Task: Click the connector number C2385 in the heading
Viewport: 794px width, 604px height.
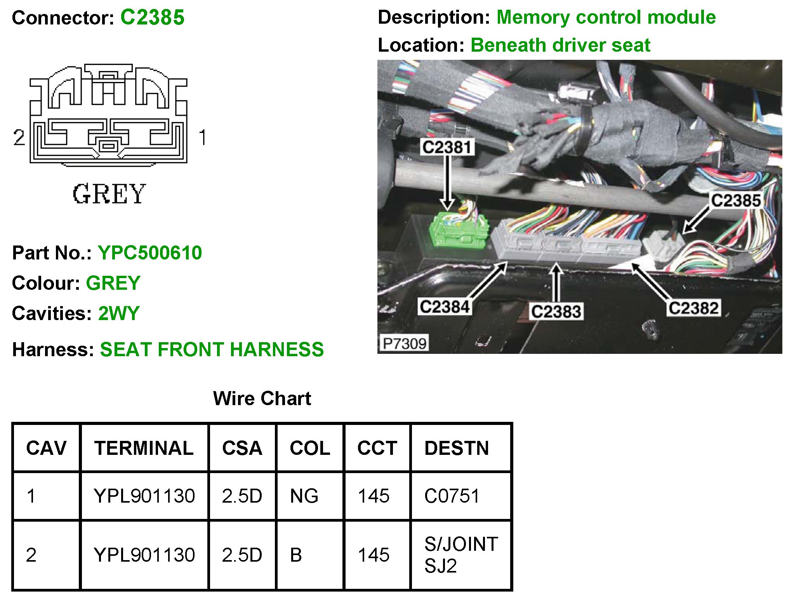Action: click(x=152, y=17)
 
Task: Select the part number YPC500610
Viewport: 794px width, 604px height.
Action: click(x=150, y=253)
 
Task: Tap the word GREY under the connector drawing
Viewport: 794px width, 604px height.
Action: click(x=109, y=194)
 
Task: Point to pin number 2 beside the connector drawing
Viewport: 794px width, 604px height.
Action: click(x=19, y=138)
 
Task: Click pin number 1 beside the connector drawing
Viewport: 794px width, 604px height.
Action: click(x=202, y=138)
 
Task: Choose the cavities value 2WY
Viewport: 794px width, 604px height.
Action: click(x=119, y=313)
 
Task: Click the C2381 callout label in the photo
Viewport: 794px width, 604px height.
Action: click(x=447, y=147)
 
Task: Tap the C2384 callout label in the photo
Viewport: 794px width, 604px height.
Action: click(x=445, y=307)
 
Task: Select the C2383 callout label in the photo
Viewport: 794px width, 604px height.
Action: click(x=556, y=312)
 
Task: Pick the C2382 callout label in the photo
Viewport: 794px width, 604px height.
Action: click(x=693, y=308)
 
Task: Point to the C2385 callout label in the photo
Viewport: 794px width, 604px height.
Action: click(x=735, y=200)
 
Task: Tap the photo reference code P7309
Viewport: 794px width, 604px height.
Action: click(x=404, y=343)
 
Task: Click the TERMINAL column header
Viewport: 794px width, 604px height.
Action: click(x=144, y=448)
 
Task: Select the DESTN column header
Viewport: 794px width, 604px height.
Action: click(x=457, y=448)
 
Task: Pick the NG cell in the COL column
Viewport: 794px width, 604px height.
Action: click(x=304, y=496)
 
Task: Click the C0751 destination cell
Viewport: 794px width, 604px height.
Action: click(x=452, y=496)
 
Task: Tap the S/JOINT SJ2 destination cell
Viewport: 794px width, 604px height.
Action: click(x=461, y=555)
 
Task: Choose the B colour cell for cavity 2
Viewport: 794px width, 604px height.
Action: click(x=296, y=555)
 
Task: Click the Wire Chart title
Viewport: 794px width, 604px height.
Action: click(x=262, y=399)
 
